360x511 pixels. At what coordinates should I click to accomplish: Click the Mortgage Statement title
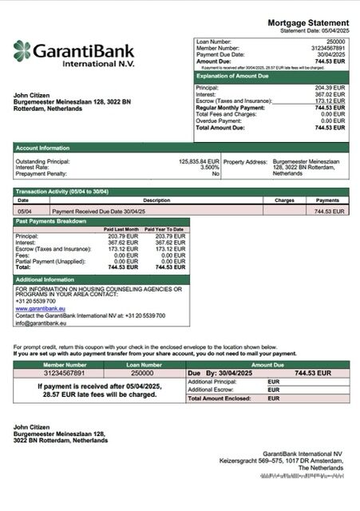307,22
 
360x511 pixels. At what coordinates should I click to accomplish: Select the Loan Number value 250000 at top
335,41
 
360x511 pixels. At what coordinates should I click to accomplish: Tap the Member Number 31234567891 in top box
327,47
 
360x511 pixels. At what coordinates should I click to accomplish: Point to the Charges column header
284,200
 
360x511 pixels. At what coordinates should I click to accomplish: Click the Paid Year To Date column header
168,229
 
